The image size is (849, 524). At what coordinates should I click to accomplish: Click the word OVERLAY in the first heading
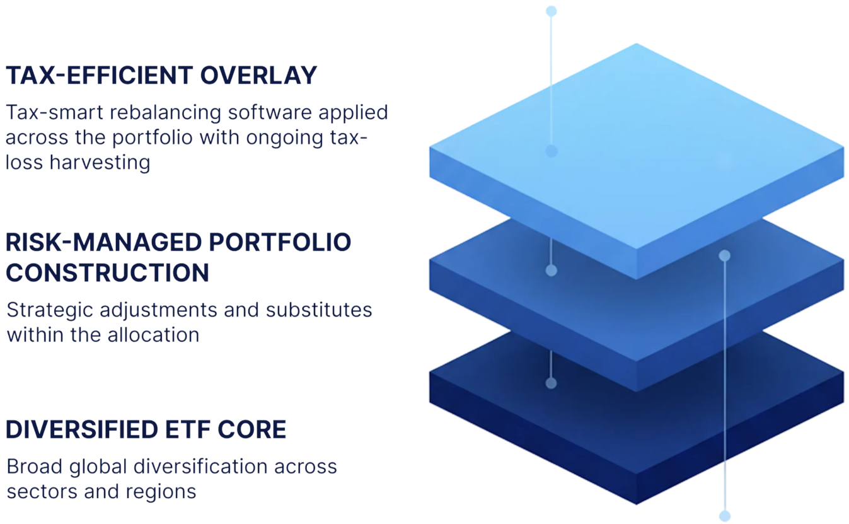tap(258, 76)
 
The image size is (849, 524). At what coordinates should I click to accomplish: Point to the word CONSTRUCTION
tap(108, 273)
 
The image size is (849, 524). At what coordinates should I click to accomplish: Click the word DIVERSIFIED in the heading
tap(81, 430)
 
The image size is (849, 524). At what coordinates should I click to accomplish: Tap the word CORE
tap(252, 430)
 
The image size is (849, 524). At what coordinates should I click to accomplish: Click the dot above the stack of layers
tap(552, 11)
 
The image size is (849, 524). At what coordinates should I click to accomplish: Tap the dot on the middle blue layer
tap(552, 271)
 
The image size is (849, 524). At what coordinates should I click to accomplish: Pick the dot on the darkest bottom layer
tap(552, 383)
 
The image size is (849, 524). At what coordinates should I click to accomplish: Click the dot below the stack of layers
tap(725, 515)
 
